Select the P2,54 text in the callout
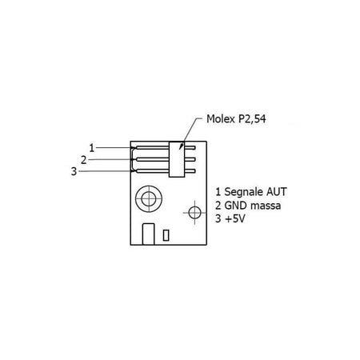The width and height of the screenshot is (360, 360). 252,119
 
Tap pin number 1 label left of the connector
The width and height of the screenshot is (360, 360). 92,148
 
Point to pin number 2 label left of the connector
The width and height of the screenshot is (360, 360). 84,160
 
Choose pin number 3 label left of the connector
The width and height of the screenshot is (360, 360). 74,171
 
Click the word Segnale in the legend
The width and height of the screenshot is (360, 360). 240,192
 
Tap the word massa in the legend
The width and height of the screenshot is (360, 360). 266,206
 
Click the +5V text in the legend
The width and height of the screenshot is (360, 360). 235,219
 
